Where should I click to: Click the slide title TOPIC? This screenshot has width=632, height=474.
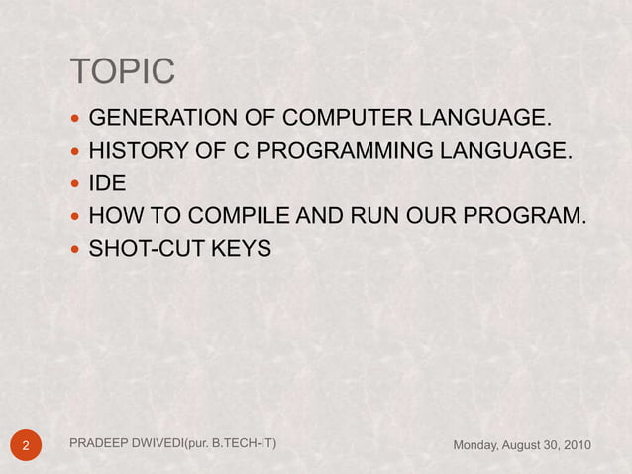pyautogui.click(x=122, y=72)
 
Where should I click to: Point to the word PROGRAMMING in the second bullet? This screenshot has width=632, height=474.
pyautogui.click(x=329, y=152)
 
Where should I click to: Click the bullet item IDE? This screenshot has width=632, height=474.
pyautogui.click(x=107, y=183)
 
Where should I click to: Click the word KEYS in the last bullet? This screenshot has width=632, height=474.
pyautogui.click(x=241, y=247)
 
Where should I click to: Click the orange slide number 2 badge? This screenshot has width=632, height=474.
pyautogui.click(x=27, y=445)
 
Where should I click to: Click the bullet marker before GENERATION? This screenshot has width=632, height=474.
pyautogui.click(x=77, y=121)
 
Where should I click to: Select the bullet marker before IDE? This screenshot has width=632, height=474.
pyautogui.click(x=77, y=184)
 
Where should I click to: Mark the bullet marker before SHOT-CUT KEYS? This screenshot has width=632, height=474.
pyautogui.click(x=77, y=248)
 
